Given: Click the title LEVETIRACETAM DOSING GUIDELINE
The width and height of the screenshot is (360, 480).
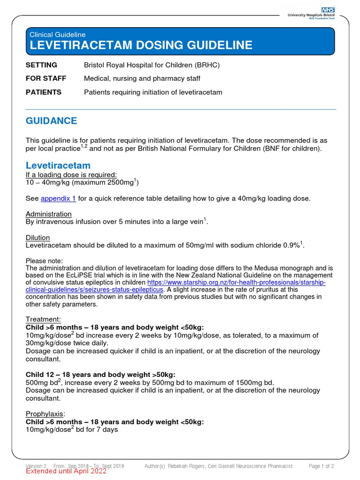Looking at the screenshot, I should [141, 45].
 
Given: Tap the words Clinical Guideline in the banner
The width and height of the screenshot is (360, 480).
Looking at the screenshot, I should [57, 35].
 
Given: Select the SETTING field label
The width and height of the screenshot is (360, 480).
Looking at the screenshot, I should [41, 65].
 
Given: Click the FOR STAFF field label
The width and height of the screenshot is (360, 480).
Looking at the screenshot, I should [45, 79].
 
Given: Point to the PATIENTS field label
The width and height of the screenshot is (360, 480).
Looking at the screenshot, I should [43, 92].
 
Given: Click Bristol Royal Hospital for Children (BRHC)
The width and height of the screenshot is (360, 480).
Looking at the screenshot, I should [151, 65].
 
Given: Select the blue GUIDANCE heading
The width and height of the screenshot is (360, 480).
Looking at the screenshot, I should [51, 121].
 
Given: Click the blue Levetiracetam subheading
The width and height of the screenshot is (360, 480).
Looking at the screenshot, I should [58, 165].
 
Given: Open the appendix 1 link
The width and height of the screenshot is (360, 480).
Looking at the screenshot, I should [58, 198].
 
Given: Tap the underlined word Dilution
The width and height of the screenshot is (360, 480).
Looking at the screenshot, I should [37, 238].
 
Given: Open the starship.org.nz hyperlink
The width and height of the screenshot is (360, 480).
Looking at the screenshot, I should [236, 283].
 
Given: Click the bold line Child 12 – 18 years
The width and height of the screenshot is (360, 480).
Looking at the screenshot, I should [100, 374].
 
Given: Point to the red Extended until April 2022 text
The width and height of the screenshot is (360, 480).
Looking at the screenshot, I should [66, 472].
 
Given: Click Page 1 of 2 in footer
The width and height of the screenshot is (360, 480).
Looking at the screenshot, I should [321, 466].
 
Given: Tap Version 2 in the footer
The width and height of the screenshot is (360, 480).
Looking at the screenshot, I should [36, 466].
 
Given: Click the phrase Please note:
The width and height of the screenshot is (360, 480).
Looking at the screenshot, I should [44, 261].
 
